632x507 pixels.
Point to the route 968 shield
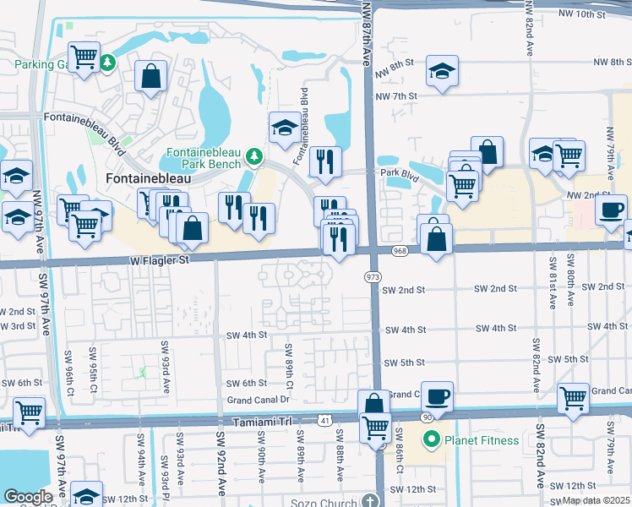coord(400,251)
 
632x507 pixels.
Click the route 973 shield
coord(372,277)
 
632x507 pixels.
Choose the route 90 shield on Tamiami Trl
coord(427,418)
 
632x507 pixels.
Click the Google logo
coord(27,497)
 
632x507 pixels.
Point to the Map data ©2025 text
coord(595,500)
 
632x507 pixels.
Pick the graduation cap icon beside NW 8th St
coord(442,71)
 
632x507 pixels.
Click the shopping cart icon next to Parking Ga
coord(84,57)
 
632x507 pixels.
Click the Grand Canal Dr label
coord(258,399)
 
